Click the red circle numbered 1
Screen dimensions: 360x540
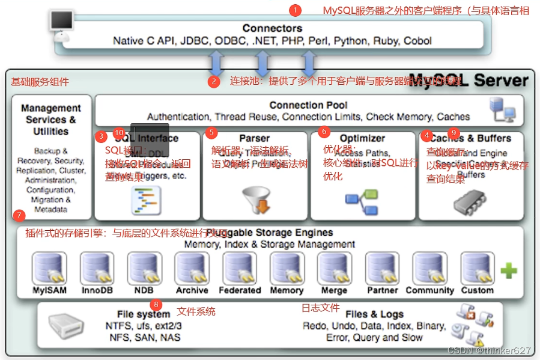click(x=295, y=10)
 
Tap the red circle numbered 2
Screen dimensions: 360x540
click(x=214, y=82)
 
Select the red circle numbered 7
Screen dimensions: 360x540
click(x=19, y=215)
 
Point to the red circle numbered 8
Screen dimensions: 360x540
click(x=156, y=304)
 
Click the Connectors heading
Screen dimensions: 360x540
click(x=272, y=28)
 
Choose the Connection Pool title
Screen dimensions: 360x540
click(x=308, y=105)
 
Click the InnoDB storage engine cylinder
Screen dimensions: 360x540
click(x=97, y=268)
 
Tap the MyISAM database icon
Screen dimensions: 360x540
click(x=49, y=268)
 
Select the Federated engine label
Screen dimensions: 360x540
click(x=240, y=290)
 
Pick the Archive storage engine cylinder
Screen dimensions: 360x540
click(x=192, y=268)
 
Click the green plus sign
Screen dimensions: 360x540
click(x=508, y=271)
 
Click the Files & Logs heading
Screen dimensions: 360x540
click(x=374, y=314)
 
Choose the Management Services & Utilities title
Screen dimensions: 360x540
click(x=51, y=119)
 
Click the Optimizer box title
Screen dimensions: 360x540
click(x=362, y=138)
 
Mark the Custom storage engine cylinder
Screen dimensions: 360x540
click(x=477, y=268)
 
